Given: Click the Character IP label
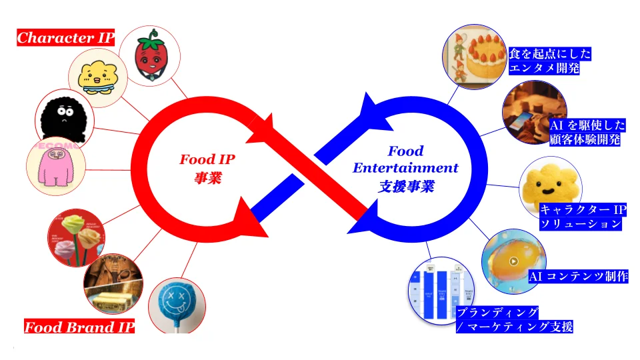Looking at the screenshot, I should tap(65, 38).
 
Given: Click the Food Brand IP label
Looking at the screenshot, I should tap(79, 327).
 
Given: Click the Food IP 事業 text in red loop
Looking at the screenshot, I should tap(207, 169).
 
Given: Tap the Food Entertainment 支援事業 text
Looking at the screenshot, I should tap(405, 168).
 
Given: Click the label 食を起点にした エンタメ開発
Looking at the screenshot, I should tap(550, 61).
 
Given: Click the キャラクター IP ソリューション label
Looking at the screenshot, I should tap(581, 217).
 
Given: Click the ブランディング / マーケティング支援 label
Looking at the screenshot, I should tap(514, 319).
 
